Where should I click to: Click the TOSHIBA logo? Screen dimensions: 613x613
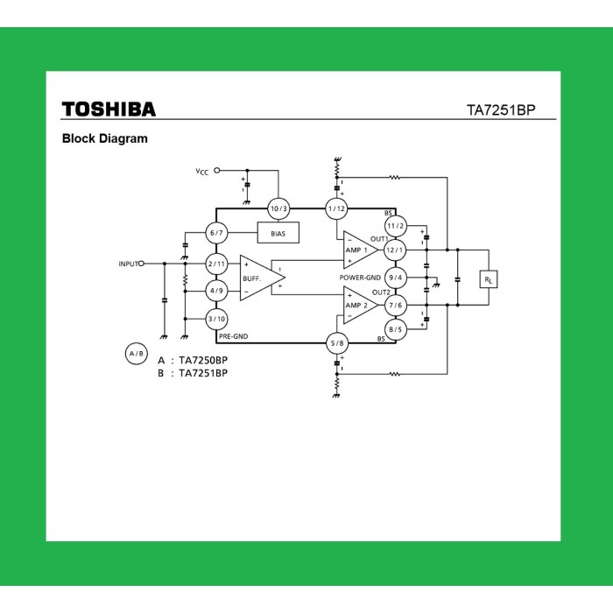[109, 109]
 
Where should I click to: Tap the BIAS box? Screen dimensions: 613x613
[278, 233]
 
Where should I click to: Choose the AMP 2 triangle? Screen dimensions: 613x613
[359, 305]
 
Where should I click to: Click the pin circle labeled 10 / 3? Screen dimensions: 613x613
[278, 208]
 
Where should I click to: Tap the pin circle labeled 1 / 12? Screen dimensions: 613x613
[336, 208]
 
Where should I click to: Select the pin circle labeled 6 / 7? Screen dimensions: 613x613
[217, 233]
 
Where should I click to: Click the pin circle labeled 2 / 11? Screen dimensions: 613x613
[217, 264]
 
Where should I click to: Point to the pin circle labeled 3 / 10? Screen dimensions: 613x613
[217, 319]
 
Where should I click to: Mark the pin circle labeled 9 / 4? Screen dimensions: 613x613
[396, 278]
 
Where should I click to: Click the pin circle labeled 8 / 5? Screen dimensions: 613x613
[396, 329]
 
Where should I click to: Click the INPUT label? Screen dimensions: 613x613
[129, 264]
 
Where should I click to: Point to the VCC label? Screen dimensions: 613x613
[201, 172]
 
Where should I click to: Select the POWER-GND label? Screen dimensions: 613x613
[360, 278]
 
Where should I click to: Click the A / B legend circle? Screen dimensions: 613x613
[136, 354]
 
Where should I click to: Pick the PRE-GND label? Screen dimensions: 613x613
[234, 335]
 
